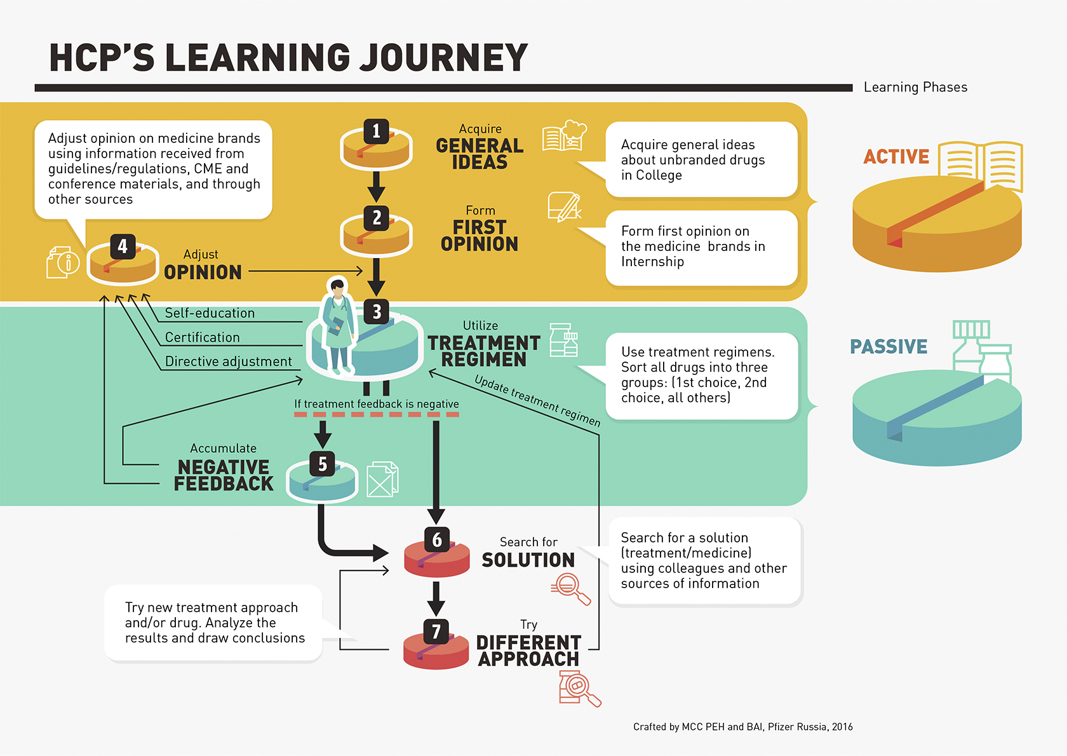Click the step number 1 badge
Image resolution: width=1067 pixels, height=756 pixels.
pos(377,132)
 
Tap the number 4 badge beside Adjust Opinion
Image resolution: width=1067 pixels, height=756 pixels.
pos(123,246)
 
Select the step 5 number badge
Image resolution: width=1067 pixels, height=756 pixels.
pos(323,464)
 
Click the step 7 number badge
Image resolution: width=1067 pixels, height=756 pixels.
pos(436,632)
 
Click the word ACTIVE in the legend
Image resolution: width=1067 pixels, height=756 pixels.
pos(896,156)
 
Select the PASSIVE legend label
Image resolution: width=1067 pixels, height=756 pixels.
pos(889,347)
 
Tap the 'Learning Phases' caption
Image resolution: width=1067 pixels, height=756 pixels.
pos(915,87)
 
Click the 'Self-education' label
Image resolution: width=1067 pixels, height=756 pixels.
pos(210,313)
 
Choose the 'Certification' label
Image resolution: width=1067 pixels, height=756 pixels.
pos(202,337)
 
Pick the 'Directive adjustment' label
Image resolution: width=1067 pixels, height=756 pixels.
pos(229,361)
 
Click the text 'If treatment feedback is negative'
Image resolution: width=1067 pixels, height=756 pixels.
pos(376,404)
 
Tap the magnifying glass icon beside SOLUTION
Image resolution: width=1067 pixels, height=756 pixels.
pos(570,588)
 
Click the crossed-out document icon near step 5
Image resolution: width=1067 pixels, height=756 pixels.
pos(382,479)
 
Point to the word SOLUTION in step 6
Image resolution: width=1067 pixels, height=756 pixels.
pos(528,560)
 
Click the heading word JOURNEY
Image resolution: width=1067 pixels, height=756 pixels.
pos(443,58)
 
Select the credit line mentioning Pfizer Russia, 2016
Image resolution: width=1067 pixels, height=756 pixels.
pos(742,727)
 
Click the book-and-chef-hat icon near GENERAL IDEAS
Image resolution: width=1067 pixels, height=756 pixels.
pos(564,135)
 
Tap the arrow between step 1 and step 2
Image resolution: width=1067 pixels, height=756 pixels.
pos(377,186)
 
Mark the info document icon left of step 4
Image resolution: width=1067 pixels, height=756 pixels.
pos(62,262)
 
